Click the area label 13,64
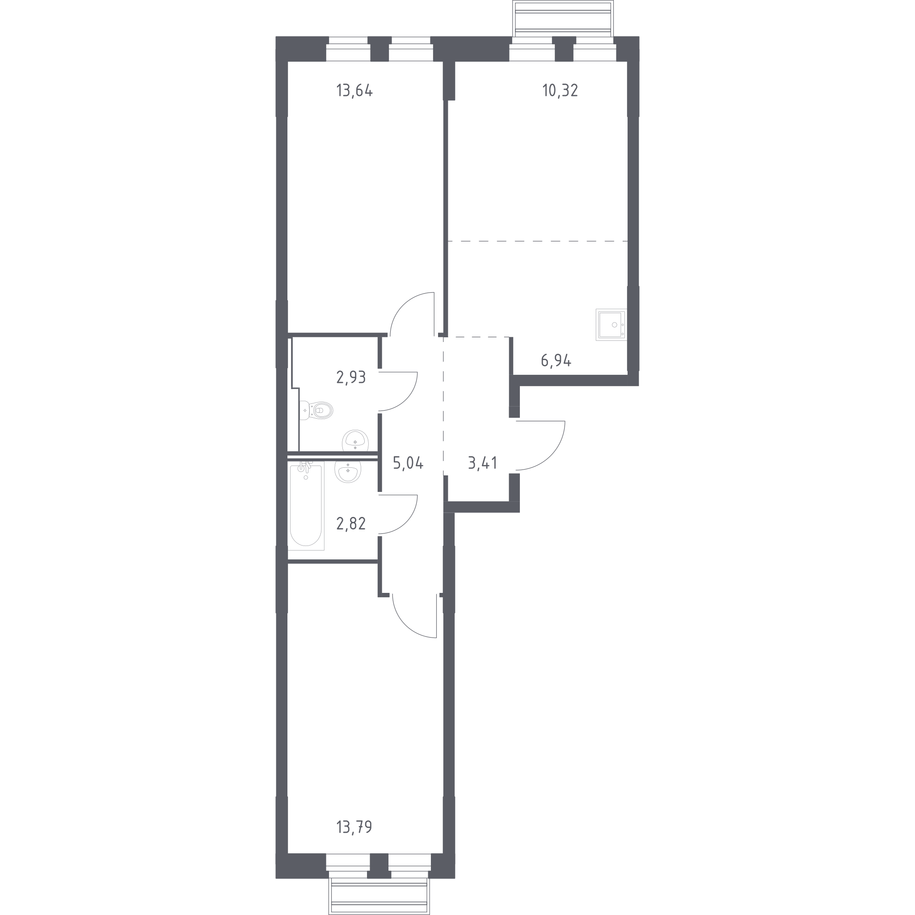(354, 90)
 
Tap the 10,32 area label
(560, 90)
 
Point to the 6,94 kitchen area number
(556, 361)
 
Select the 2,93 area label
(351, 378)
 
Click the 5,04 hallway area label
(408, 463)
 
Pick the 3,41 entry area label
(482, 463)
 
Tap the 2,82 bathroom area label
(351, 524)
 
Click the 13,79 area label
(354, 827)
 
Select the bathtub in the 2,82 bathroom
(306, 506)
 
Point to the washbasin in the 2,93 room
(355, 441)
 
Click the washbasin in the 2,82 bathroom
(348, 472)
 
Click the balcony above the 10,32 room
(563, 18)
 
